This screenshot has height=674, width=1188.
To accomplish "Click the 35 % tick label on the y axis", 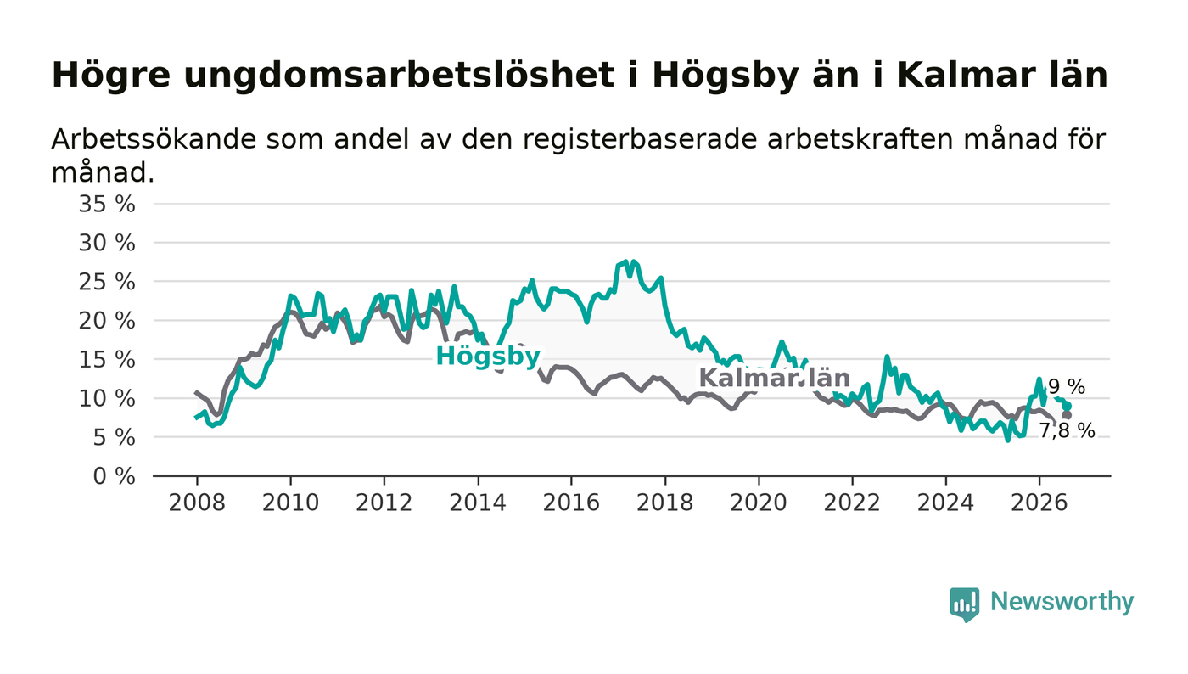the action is click(x=107, y=205).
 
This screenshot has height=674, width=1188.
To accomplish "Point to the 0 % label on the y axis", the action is click(x=114, y=476).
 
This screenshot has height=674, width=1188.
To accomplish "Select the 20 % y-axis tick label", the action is click(x=107, y=321).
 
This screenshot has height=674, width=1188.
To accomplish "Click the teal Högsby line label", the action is click(x=488, y=357).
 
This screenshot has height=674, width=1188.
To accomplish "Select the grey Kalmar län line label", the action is click(x=774, y=379).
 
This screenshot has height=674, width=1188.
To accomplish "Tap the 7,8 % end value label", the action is click(x=1067, y=431).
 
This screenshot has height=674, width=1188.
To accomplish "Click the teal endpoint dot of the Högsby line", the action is click(x=1068, y=406).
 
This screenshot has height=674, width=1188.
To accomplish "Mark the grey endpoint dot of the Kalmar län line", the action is click(x=1067, y=415).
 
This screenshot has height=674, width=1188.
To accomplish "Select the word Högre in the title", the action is click(x=111, y=76).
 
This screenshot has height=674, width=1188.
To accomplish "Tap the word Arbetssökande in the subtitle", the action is click(x=154, y=139).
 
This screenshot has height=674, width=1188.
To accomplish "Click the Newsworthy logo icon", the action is click(x=965, y=604).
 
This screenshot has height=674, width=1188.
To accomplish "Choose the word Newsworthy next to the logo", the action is click(x=1062, y=602).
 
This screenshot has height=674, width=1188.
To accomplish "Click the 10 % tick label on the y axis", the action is click(x=107, y=399).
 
